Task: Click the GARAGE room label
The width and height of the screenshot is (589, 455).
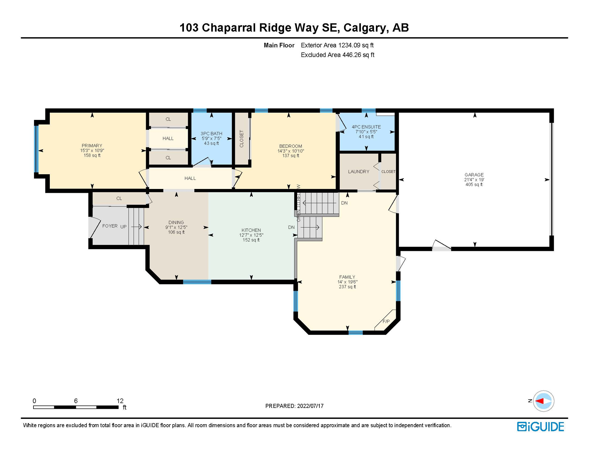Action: click(x=474, y=175)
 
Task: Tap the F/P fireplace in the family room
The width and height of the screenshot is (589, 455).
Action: click(x=386, y=321)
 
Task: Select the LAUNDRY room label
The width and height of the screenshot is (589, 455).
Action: click(x=358, y=172)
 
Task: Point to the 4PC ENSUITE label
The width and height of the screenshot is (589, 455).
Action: click(x=366, y=127)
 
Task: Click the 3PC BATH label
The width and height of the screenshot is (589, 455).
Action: click(x=211, y=134)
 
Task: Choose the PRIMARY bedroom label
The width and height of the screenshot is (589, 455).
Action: click(x=92, y=145)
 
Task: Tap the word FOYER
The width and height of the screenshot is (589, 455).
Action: click(x=110, y=226)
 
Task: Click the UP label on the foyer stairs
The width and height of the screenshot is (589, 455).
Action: click(x=123, y=227)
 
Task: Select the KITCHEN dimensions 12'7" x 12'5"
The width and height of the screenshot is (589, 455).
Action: click(x=251, y=235)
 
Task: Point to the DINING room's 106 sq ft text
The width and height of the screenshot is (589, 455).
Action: click(x=176, y=232)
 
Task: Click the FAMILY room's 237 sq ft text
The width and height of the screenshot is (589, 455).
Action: click(x=347, y=287)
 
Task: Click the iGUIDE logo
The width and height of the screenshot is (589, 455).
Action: click(x=541, y=427)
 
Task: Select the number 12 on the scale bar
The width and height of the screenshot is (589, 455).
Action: click(x=120, y=401)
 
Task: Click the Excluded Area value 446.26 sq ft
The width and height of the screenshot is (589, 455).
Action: click(x=358, y=55)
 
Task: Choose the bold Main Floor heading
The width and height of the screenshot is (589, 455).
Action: click(x=279, y=45)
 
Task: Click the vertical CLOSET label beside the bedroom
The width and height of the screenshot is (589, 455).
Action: click(x=241, y=139)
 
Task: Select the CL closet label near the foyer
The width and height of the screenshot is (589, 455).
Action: click(x=119, y=198)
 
